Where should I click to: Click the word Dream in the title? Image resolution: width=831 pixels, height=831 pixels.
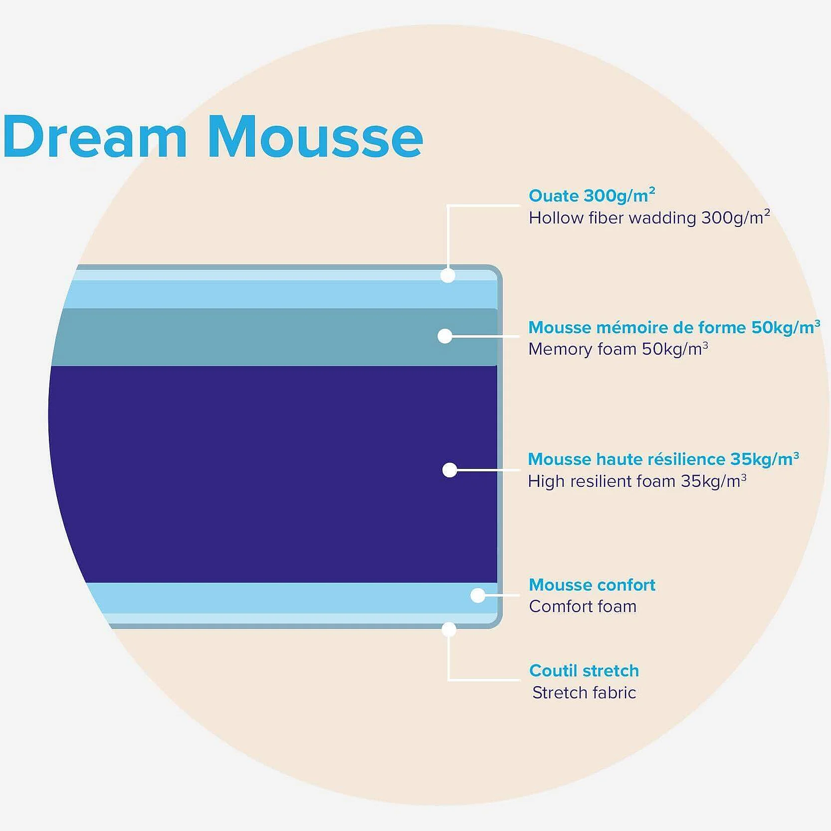95,136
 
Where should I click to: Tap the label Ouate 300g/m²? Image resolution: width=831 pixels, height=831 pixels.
592,195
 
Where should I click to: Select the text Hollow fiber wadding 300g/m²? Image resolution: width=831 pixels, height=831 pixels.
649,217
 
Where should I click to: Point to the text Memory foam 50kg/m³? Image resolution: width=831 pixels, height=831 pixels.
618,349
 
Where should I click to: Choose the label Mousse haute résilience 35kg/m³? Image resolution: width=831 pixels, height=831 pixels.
663,458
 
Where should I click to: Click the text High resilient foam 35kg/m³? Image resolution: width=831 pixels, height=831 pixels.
637,481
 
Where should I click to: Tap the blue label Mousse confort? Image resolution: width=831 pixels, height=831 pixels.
592,585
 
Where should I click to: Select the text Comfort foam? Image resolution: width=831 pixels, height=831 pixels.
583,606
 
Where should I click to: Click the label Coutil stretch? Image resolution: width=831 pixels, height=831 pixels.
584,670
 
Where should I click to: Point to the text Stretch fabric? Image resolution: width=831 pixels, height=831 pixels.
584,692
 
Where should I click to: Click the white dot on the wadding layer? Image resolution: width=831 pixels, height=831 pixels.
448,275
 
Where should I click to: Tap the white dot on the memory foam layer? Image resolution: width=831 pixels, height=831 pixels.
445,336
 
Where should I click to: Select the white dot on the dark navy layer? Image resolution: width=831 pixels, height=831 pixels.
450,470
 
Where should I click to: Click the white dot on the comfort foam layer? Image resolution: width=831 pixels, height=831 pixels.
478,595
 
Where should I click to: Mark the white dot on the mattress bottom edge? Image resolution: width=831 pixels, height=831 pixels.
449,629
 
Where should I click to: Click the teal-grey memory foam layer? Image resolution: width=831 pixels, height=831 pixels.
274,337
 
